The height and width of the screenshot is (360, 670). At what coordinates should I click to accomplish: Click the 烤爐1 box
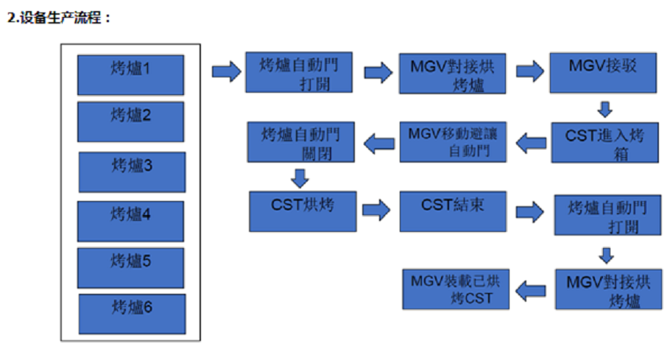[x=131, y=74]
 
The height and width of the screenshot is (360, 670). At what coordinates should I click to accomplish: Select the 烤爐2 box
[x=131, y=121]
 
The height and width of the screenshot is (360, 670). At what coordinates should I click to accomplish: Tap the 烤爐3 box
[x=132, y=172]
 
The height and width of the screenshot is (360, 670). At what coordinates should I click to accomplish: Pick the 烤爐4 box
[x=130, y=220]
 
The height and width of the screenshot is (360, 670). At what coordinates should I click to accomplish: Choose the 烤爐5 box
[x=131, y=267]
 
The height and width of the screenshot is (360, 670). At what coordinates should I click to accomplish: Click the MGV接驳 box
[x=603, y=71]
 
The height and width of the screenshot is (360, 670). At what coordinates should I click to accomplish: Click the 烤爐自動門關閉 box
[x=301, y=142]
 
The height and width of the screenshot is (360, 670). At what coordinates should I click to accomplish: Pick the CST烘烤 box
[x=301, y=211]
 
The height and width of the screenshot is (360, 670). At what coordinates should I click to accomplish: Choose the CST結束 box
[x=453, y=211]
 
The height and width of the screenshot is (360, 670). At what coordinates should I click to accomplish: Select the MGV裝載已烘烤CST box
[x=455, y=289]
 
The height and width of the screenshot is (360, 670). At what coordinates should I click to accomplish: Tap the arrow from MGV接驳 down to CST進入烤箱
[x=605, y=109]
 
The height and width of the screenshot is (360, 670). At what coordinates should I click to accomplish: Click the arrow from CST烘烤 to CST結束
[x=375, y=211]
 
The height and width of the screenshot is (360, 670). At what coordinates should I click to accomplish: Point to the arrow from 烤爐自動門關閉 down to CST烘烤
[x=299, y=177]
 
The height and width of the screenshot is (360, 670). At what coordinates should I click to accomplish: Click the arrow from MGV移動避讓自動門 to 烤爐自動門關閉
[x=378, y=142]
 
